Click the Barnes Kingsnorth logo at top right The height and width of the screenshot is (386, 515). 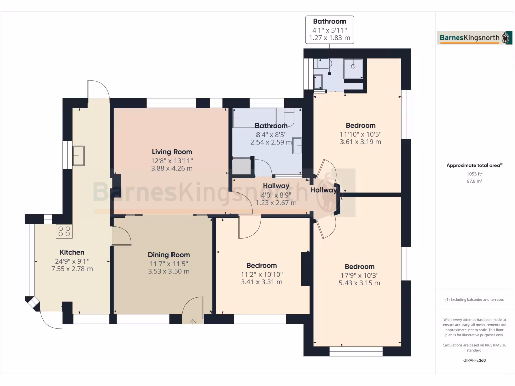click(475, 38)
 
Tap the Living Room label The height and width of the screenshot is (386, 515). click(172, 152)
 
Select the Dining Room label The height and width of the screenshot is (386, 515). click(168, 255)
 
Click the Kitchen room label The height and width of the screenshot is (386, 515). click(72, 252)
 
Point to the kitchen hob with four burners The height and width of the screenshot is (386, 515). click(64, 231)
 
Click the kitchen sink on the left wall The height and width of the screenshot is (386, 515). click(79, 155)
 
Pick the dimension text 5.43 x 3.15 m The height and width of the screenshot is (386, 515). click(360, 283)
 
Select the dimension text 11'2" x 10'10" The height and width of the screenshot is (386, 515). click(262, 274)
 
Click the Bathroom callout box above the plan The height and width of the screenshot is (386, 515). click(329, 29)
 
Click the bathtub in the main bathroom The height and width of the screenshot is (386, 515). click(254, 117)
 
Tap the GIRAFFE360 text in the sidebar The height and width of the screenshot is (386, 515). click(475, 360)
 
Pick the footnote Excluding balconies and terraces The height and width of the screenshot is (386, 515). click(475, 299)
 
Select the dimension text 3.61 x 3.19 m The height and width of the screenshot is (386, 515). click(360, 142)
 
